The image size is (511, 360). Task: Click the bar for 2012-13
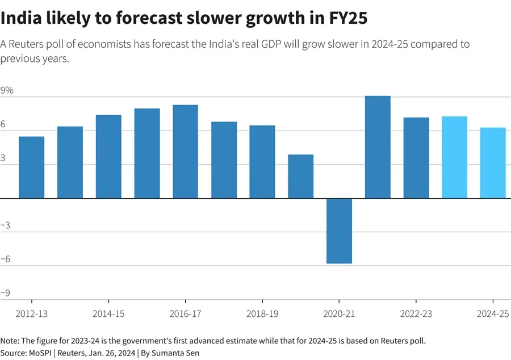[31, 168]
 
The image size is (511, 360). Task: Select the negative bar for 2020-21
[339, 231]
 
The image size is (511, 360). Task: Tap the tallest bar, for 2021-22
[378, 147]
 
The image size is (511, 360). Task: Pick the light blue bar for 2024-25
[493, 163]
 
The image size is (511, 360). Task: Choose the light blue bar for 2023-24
[454, 157]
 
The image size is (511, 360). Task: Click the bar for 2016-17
[185, 152]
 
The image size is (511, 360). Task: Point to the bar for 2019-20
[300, 176]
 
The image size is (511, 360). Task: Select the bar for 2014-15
[108, 157]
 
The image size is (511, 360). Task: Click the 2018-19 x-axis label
[262, 313]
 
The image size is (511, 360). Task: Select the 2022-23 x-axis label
[416, 313]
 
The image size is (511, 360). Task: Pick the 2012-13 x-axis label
[31, 313]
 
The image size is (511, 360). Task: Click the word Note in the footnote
[9, 341]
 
